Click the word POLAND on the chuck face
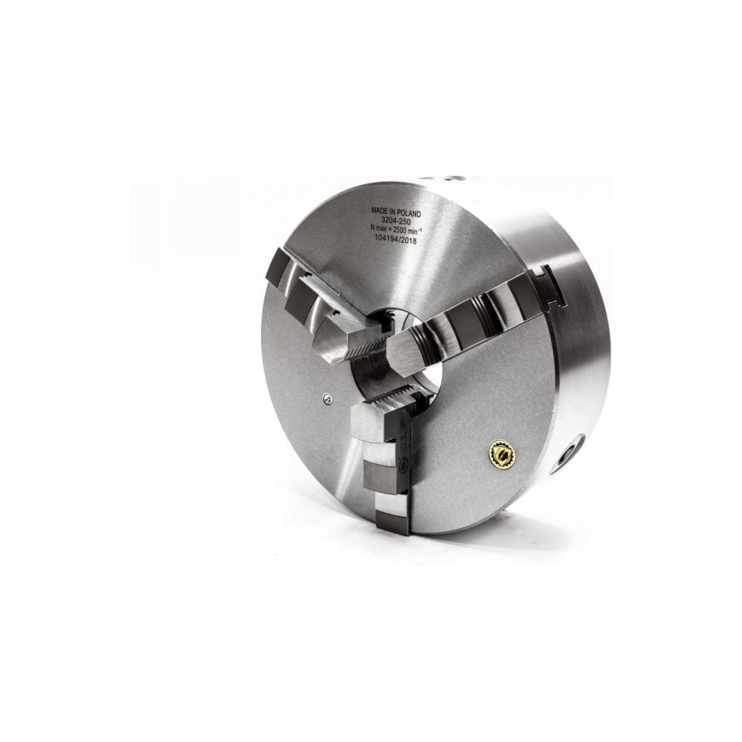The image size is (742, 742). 409,213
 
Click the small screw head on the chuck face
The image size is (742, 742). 327,399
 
